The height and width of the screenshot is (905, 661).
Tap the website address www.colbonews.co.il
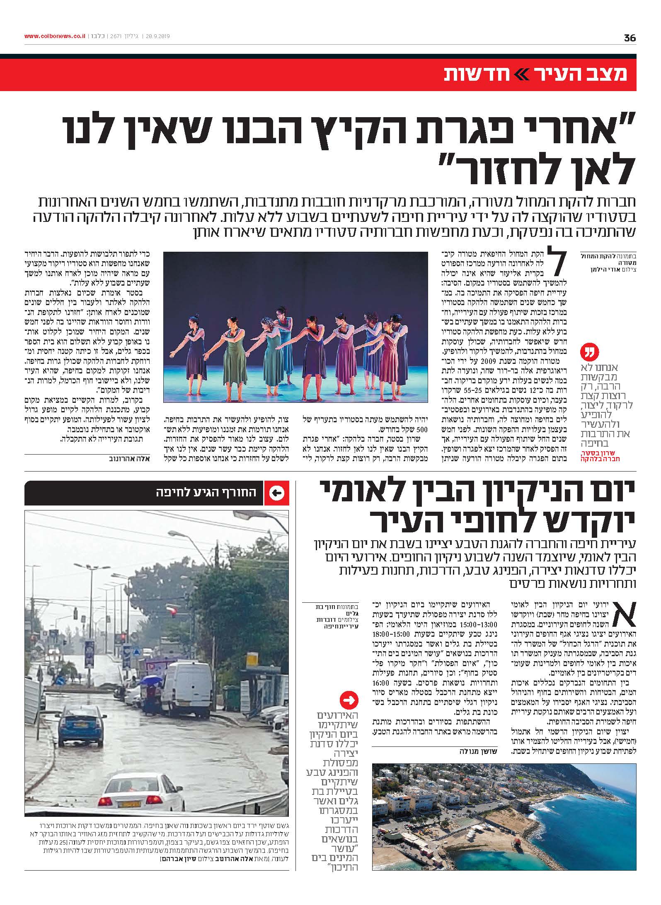pos(55,36)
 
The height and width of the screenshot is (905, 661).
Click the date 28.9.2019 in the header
pos(159,36)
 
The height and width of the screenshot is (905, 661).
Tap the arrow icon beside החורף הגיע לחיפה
pos(277,493)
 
